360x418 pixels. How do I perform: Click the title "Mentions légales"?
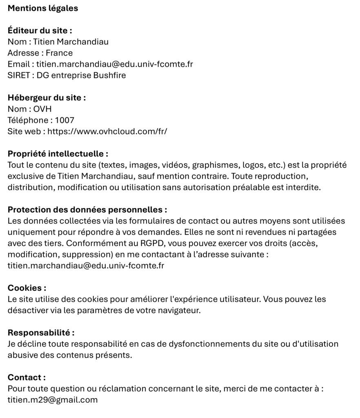tap(43, 8)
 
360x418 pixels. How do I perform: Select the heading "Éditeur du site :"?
tap(40, 31)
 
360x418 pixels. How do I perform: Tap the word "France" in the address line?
tap(59, 53)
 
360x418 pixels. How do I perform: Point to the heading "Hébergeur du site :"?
tap(47, 98)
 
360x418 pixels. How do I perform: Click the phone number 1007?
tap(64, 120)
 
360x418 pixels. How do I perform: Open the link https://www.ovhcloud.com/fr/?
tap(108, 131)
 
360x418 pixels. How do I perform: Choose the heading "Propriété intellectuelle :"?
tap(58, 154)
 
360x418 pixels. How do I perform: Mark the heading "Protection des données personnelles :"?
tap(87, 210)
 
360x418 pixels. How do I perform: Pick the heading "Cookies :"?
tap(27, 288)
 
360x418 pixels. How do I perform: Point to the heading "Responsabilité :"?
tap(41, 333)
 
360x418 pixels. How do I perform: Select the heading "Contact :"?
tap(27, 378)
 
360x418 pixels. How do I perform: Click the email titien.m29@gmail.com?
tap(53, 400)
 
